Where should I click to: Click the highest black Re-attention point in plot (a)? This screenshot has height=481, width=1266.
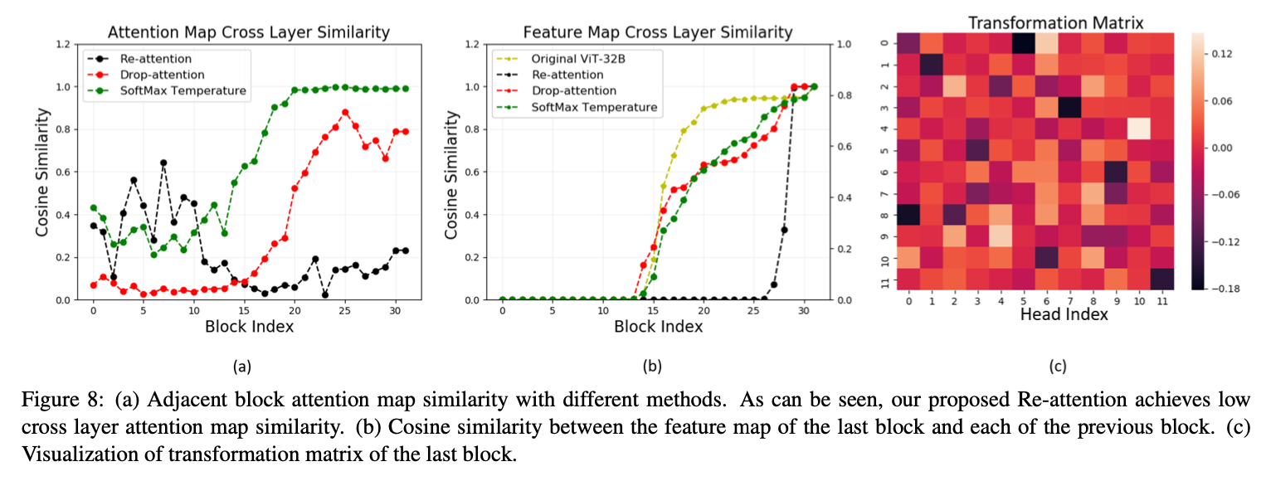click(x=163, y=163)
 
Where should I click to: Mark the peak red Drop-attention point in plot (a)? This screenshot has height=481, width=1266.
click(x=345, y=112)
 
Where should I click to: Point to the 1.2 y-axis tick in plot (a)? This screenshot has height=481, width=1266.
click(x=63, y=43)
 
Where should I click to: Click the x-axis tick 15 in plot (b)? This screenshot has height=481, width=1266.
click(x=653, y=310)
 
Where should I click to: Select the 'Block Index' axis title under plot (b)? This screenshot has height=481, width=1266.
click(x=658, y=326)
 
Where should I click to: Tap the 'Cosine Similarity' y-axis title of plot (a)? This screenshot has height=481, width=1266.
click(x=41, y=171)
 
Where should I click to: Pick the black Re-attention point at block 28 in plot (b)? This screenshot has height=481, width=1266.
click(x=784, y=230)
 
